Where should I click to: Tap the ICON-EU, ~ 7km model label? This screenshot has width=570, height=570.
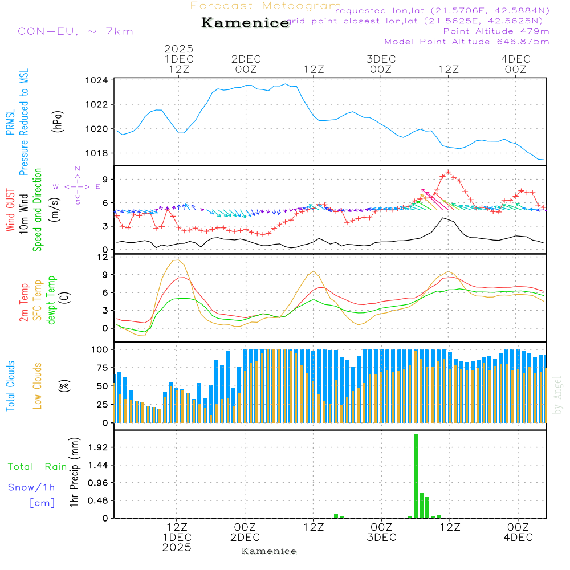click(x=73, y=31)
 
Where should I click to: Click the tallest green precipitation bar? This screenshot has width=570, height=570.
click(x=416, y=476)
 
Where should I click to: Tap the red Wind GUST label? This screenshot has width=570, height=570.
click(x=10, y=209)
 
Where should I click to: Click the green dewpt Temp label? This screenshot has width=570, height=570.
click(x=51, y=300)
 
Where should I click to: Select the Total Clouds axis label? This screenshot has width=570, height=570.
click(x=10, y=386)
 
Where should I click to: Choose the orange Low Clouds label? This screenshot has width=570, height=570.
click(x=38, y=386)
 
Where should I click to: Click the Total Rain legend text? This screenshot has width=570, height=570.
click(x=37, y=466)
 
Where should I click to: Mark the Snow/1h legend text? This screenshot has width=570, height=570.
click(x=31, y=487)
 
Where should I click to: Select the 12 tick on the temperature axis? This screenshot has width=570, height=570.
click(x=103, y=257)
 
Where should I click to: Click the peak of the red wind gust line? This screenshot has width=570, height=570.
click(x=448, y=172)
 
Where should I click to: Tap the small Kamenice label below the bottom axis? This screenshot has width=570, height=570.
click(x=269, y=551)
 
